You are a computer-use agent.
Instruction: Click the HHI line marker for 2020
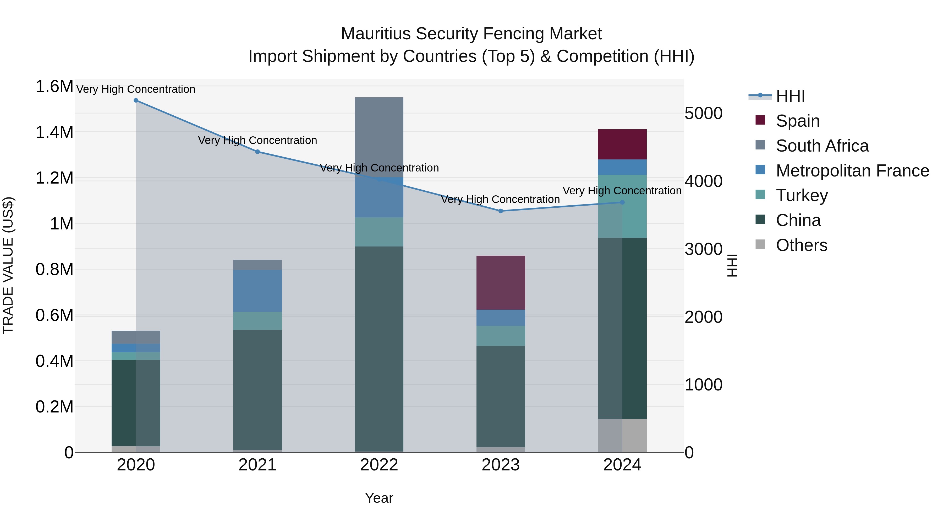pos(136,100)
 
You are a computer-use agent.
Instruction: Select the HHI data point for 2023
pos(501,211)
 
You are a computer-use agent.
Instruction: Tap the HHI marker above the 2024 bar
pos(622,202)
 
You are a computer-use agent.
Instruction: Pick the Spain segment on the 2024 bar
pos(622,144)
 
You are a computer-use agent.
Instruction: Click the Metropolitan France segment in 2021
pos(257,291)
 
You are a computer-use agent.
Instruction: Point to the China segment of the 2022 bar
pos(379,348)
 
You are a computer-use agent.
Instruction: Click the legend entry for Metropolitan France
pos(852,171)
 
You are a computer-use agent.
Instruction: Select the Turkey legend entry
pos(802,195)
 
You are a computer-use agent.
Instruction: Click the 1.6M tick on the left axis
pos(54,87)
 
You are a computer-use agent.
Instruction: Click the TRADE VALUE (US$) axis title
pos(8,265)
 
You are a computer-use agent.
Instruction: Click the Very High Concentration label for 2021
pos(257,140)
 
